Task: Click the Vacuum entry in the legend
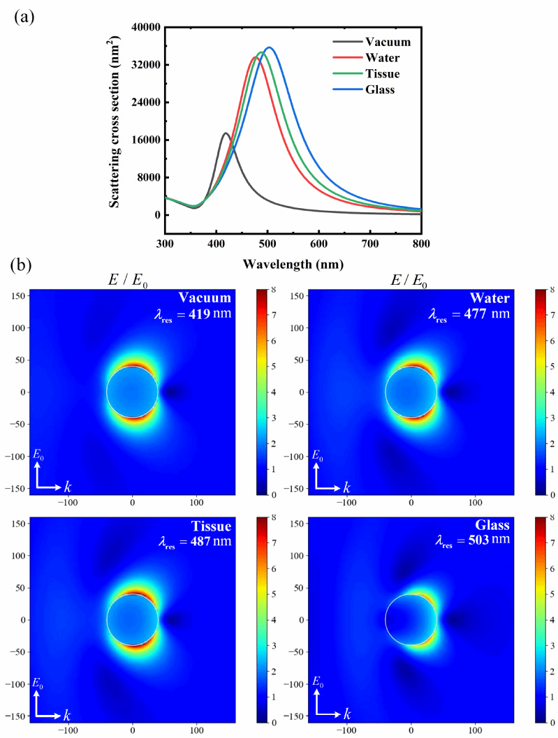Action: [x=388, y=42]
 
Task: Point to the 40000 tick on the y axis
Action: [x=142, y=27]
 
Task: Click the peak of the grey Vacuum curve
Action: [x=226, y=133]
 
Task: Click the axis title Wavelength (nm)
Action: [x=293, y=265]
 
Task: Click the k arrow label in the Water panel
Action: [x=346, y=482]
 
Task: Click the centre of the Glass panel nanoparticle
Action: [x=411, y=619]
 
